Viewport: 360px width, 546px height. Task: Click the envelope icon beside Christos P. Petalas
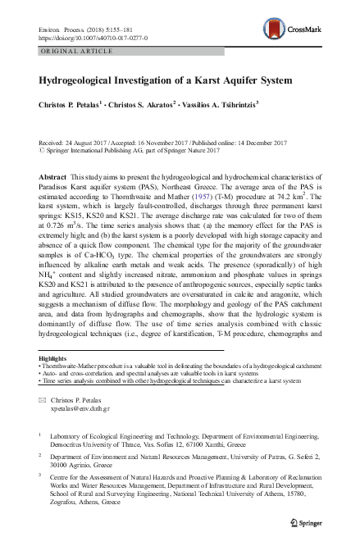[x=42, y=398]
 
